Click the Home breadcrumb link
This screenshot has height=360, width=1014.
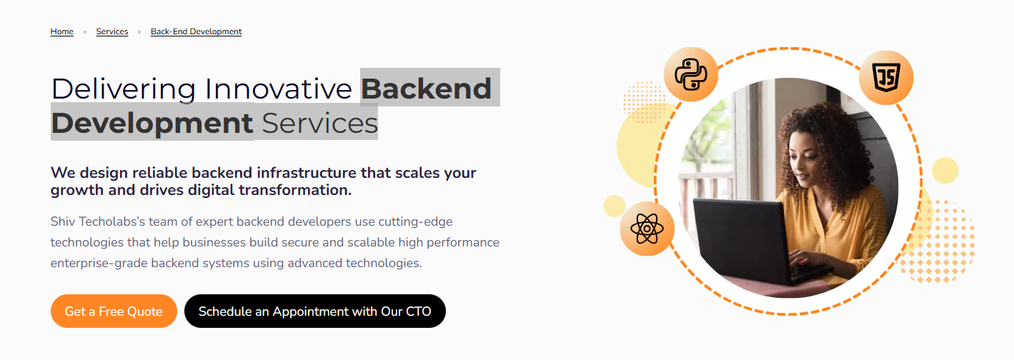point(61,31)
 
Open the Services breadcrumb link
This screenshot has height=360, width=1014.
point(111,31)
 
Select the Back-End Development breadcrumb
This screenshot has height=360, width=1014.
point(196,31)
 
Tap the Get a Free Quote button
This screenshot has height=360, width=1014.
point(114,311)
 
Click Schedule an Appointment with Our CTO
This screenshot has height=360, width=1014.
point(315,311)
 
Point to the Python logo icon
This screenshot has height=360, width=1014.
point(691,74)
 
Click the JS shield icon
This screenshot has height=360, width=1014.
point(886,77)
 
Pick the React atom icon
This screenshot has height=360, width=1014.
point(647,229)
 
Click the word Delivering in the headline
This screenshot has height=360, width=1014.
point(124,89)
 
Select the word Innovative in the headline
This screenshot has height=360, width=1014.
point(279,89)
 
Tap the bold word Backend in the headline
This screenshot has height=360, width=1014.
point(426,89)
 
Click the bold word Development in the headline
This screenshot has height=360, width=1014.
point(152,124)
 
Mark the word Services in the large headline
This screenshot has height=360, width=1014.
point(319,124)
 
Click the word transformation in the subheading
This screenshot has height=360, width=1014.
point(295,191)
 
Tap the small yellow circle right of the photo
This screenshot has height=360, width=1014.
point(945,171)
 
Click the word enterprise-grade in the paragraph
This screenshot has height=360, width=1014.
point(99,264)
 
